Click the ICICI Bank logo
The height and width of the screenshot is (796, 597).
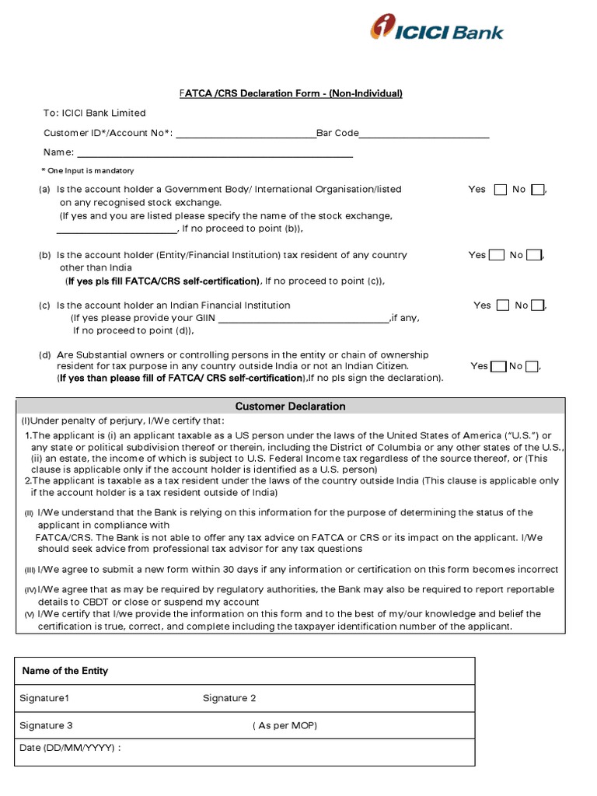coord(436,30)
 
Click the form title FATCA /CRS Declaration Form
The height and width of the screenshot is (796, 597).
coord(291,94)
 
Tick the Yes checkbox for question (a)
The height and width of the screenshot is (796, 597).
coord(500,190)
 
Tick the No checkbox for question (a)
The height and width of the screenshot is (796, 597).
coord(537,190)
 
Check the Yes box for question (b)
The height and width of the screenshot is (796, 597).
coord(496,255)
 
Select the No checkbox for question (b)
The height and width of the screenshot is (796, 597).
coord(533,255)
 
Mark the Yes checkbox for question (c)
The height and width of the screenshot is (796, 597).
coord(502,305)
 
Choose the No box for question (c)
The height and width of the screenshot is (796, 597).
coord(537,305)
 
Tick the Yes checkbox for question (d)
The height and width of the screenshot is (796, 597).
coord(498,366)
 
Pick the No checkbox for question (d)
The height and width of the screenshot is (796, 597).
coord(532,366)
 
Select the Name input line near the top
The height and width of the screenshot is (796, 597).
coord(215,155)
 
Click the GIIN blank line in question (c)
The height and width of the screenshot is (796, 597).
coord(304,319)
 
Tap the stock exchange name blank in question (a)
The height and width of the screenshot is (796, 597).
coord(117,231)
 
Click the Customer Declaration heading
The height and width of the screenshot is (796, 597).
coord(291,407)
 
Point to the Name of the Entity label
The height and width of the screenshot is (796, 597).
coord(65,671)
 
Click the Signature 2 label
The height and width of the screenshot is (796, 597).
coord(229,698)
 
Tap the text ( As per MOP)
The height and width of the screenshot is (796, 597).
coord(285,725)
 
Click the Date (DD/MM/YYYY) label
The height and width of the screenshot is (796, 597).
coord(70,748)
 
